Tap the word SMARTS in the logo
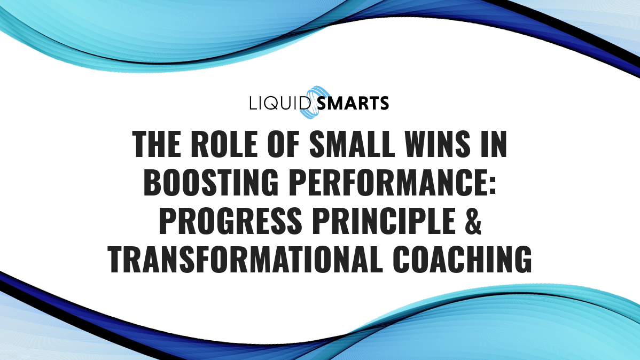click(x=353, y=103)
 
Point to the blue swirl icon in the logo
click(x=311, y=101)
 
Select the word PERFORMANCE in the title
click(x=379, y=183)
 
